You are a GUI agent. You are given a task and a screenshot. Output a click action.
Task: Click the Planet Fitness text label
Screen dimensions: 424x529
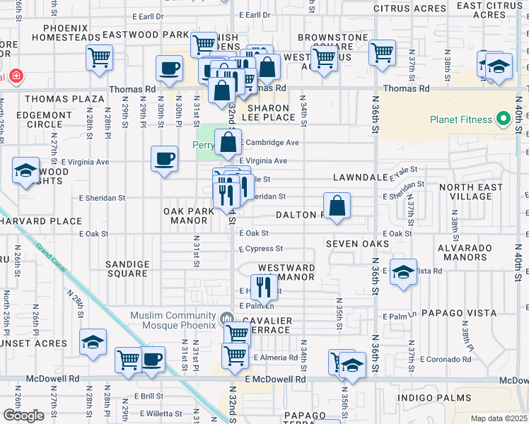tap(461, 119)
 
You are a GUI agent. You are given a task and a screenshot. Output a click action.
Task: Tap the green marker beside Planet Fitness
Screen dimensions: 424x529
tap(504, 119)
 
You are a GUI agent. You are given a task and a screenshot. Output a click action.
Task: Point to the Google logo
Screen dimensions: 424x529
tap(23, 416)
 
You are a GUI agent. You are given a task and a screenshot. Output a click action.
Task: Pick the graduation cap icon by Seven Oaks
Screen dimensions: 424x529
tap(402, 273)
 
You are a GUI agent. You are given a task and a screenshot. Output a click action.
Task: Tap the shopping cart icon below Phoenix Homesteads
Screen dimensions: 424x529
tap(99, 57)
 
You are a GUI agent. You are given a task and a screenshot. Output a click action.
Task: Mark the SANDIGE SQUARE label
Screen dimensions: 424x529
tap(127, 268)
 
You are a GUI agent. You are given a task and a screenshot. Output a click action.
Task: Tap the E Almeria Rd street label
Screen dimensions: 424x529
tap(276, 358)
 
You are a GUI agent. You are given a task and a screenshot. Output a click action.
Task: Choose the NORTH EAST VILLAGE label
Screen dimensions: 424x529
tap(470, 192)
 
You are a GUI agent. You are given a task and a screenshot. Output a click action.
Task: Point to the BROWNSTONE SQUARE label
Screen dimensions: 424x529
tap(333, 42)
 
